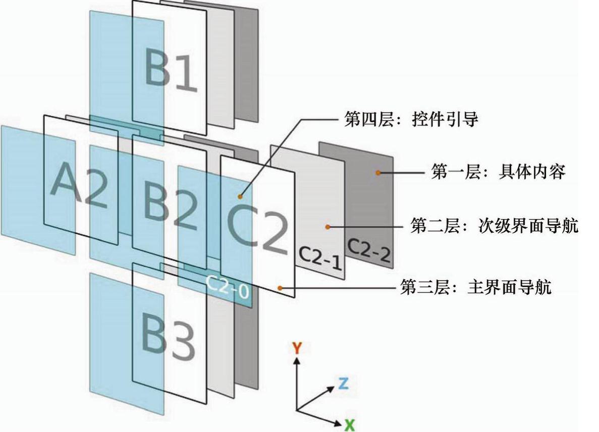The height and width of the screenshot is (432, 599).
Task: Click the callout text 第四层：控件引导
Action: click(x=411, y=121)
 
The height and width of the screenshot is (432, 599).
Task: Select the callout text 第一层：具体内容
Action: click(x=497, y=172)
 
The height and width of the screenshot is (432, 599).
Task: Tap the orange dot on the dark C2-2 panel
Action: click(x=377, y=173)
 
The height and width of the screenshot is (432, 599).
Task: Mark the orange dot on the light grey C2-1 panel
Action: click(x=328, y=227)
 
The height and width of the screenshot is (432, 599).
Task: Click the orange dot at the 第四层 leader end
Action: click(x=241, y=196)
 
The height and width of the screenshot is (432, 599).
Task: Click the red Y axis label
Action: click(x=297, y=347)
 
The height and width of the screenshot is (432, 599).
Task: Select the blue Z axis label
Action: click(x=343, y=383)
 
